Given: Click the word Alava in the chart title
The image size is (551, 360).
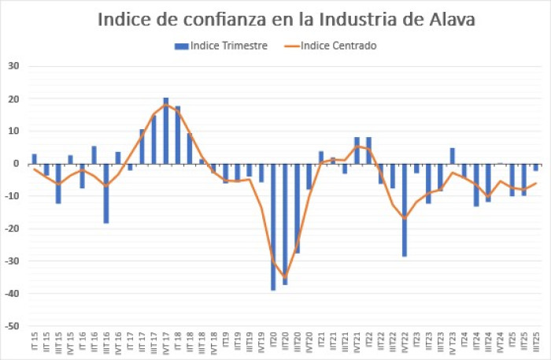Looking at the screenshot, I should [x=445, y=19].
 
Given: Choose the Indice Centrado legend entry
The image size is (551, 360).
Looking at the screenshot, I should [x=338, y=46].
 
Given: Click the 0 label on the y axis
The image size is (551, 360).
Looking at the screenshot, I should [x=16, y=164].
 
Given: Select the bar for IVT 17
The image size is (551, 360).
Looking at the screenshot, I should [x=165, y=131].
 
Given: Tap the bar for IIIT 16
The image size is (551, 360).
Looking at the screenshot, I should [x=105, y=194].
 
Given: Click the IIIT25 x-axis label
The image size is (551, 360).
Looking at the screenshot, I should [x=536, y=343].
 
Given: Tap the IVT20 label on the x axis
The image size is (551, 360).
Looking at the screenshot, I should [x=309, y=343].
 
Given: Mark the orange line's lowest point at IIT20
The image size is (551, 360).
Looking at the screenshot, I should [x=285, y=277].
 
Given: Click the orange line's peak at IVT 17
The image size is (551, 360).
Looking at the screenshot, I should [x=165, y=105].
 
